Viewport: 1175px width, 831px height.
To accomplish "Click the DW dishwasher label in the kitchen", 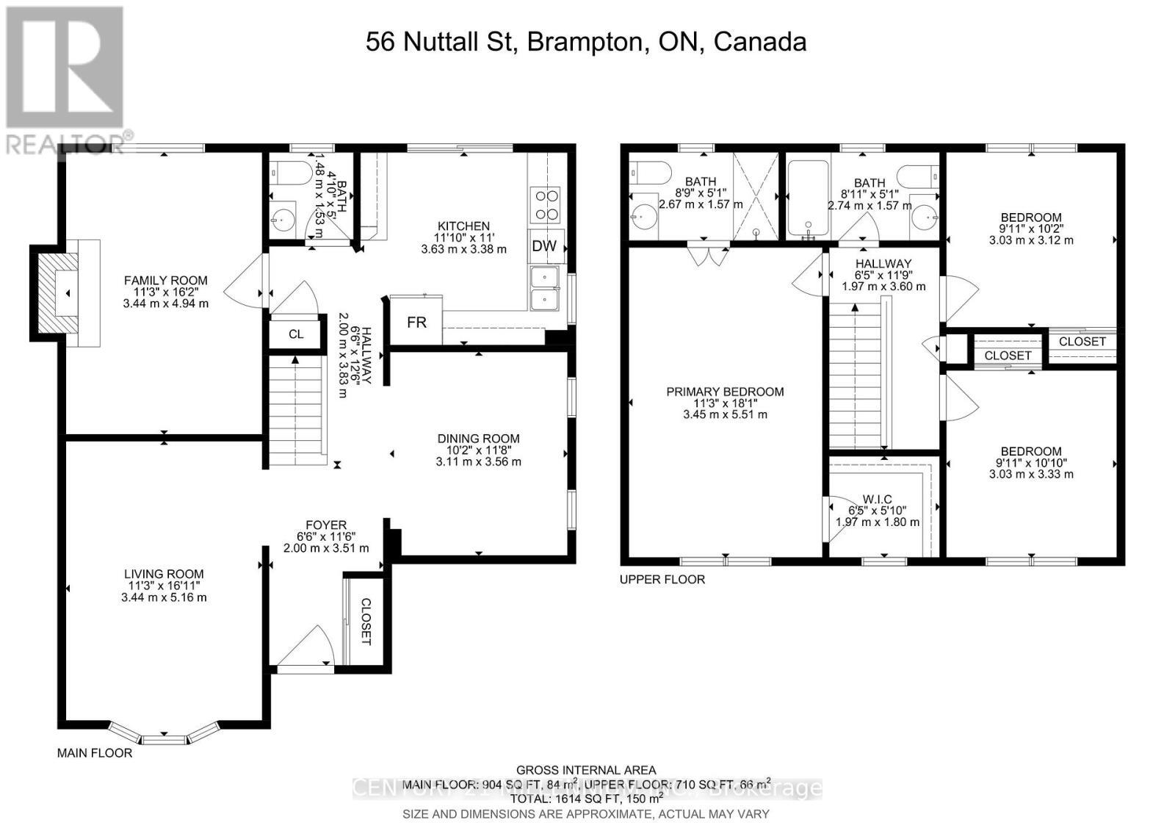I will [x=544, y=246].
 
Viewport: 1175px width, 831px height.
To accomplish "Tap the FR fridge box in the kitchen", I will [x=416, y=321].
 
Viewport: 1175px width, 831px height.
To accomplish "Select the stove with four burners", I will [x=544, y=205].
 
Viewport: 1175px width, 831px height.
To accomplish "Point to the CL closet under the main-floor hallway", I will [x=296, y=334].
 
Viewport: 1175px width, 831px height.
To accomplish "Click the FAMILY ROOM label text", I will [x=165, y=280].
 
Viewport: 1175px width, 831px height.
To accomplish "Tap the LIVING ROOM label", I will [x=164, y=574].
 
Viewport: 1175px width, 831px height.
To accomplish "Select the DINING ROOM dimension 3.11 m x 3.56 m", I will [x=478, y=462].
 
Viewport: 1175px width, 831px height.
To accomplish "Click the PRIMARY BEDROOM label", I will [x=725, y=392].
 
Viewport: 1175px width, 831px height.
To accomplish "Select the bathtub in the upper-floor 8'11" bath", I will [x=807, y=200].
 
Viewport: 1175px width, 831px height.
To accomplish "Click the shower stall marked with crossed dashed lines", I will [x=756, y=195].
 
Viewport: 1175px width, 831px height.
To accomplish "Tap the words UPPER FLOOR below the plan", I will [x=662, y=580].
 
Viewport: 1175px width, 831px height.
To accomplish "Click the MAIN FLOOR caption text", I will [x=95, y=753].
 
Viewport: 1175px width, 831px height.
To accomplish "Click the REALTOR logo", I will [x=66, y=77].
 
